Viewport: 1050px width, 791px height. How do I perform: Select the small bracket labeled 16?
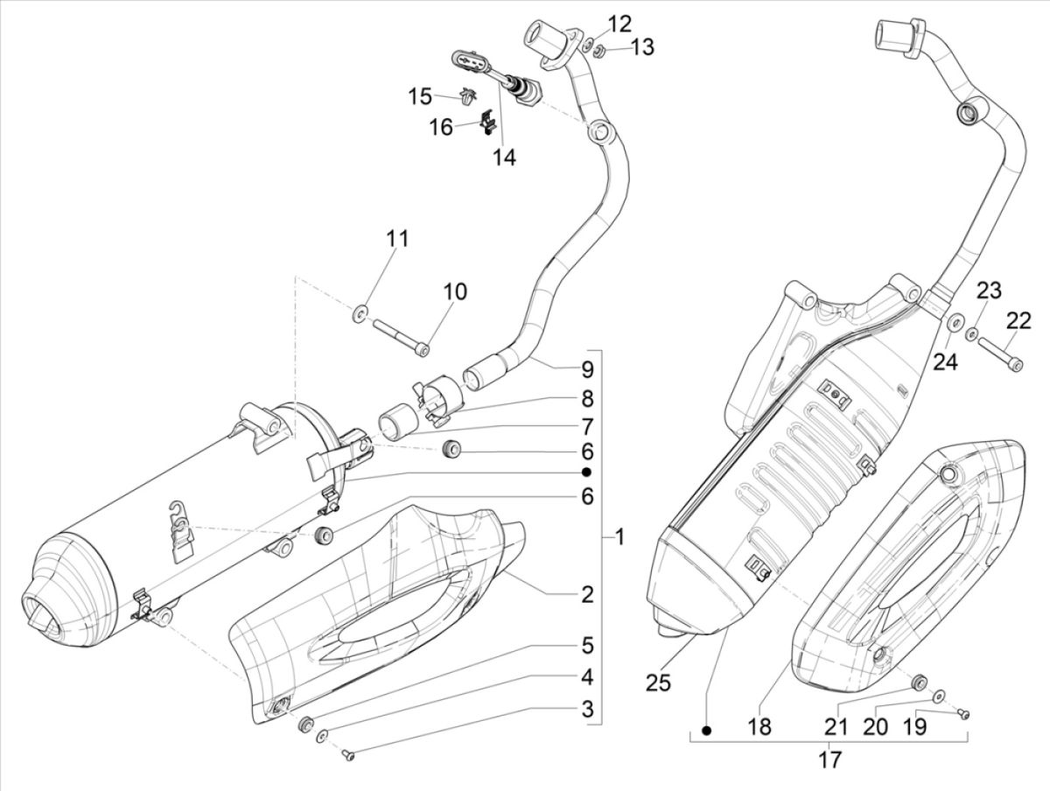click(x=486, y=122)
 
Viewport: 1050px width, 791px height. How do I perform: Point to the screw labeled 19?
click(x=965, y=715)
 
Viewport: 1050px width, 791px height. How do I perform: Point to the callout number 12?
click(x=619, y=22)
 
